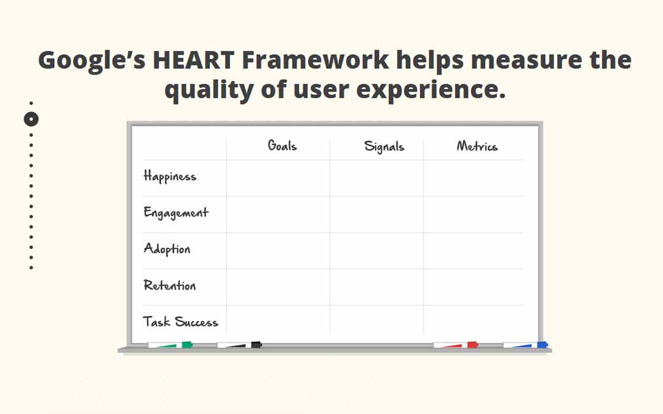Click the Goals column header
coord(282,146)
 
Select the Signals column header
coord(384,146)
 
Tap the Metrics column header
coord(477,146)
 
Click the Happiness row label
coord(170,176)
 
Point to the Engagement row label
coord(176,213)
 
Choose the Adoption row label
coord(167,249)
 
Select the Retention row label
coord(170,285)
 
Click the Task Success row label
coord(180,322)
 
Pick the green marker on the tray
coord(170,345)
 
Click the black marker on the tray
coord(240,345)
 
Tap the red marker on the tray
coord(456,345)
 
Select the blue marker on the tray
coord(525,345)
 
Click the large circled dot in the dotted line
coord(31,119)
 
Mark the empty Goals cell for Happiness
coord(278,178)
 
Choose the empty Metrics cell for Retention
coord(473,287)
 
